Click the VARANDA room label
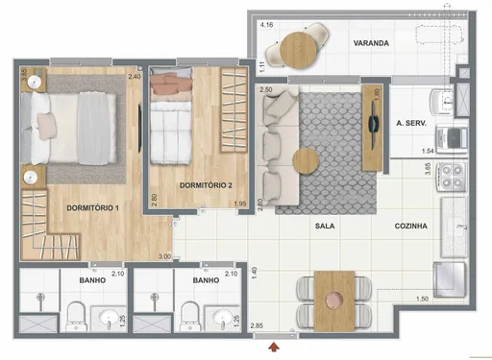click(371, 44)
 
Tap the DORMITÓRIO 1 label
click(90, 207)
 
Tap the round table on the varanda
click(295, 44)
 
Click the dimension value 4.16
click(264, 24)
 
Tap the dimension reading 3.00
click(164, 256)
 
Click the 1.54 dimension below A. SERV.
click(430, 152)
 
